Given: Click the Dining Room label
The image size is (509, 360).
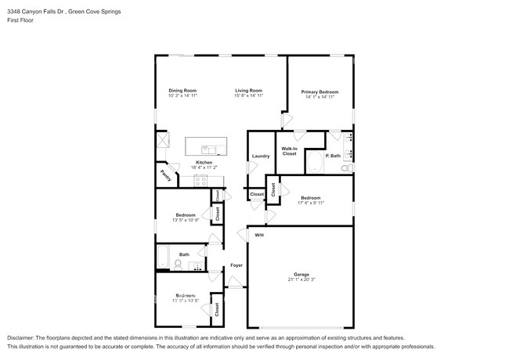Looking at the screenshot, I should tap(182, 91).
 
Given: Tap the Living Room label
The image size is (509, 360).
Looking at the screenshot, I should tap(248, 91).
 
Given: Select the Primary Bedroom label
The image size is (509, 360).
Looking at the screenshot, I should tap(320, 92).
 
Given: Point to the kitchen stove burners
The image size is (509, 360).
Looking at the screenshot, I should tap(200, 180).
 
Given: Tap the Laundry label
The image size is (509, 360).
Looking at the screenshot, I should tap(261, 156).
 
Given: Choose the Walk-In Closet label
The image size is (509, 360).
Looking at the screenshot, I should tap(289, 151).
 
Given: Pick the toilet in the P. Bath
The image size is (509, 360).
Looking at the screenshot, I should tap(345, 167).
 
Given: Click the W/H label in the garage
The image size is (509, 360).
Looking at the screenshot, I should tap(259, 235).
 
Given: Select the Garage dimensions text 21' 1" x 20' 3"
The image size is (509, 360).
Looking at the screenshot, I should tap(301, 279).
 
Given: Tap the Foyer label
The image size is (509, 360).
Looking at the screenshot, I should tap(236, 265).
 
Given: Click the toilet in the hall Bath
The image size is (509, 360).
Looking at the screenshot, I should tap(178, 265).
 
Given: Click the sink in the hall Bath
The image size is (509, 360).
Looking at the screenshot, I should tap(200, 265).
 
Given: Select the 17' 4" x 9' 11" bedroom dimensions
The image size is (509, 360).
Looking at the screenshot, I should tap(310, 202).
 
